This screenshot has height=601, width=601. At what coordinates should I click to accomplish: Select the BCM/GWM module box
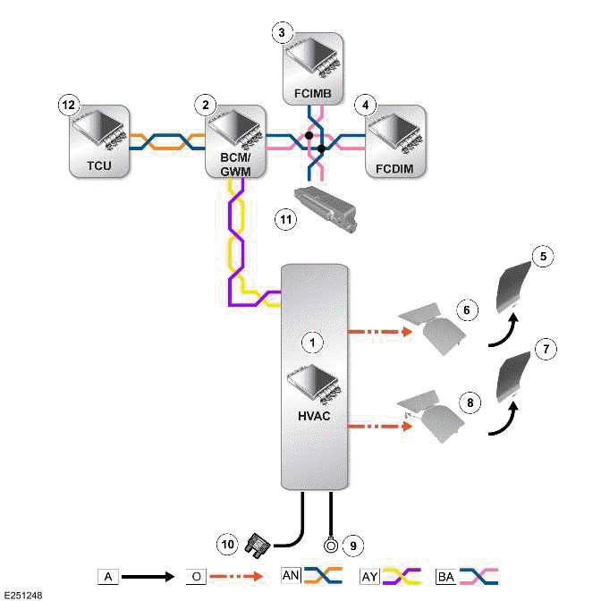point(236,140)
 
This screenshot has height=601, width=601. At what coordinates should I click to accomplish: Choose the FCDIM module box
point(395,140)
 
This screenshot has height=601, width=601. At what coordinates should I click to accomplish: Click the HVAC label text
point(312,417)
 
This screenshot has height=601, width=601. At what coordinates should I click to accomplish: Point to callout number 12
point(65,105)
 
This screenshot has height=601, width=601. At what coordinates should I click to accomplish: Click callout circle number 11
point(285,218)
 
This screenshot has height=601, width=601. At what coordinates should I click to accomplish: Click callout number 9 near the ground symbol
point(353,542)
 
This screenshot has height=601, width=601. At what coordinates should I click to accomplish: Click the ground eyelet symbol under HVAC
point(331,541)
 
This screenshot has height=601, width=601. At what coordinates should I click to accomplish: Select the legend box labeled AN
point(292,577)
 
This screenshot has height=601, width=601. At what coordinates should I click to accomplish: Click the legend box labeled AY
point(369,577)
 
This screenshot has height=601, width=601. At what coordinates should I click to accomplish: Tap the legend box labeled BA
point(446,577)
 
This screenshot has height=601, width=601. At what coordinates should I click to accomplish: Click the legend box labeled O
point(197,577)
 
